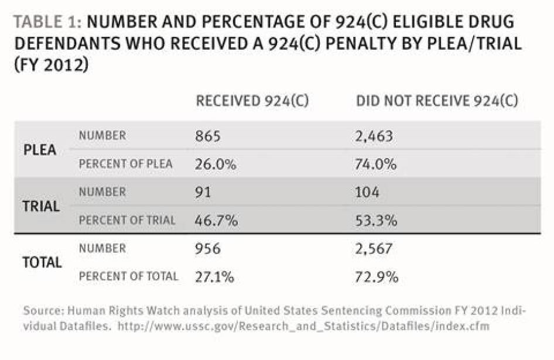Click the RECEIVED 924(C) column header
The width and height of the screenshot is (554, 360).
click(x=252, y=101)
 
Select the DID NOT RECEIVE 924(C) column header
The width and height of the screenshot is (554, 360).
click(x=437, y=101)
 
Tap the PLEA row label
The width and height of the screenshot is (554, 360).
click(x=40, y=150)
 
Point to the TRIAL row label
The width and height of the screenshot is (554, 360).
click(x=41, y=206)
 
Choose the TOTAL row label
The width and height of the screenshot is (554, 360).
click(x=42, y=262)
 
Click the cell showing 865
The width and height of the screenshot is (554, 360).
click(x=208, y=136)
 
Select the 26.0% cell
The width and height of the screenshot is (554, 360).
click(x=216, y=164)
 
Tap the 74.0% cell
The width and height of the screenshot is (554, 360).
click(x=376, y=164)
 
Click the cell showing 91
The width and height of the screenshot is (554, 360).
click(x=203, y=193)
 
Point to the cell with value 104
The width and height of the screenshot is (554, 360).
click(x=368, y=193)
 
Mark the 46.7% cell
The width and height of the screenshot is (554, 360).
click(x=216, y=221)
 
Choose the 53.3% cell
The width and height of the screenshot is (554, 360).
click(x=376, y=221)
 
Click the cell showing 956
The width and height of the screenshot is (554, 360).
click(x=208, y=249)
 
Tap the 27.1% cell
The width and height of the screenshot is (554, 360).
click(x=215, y=276)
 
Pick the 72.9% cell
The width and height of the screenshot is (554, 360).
click(x=376, y=276)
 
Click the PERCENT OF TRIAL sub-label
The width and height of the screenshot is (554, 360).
click(x=127, y=221)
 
